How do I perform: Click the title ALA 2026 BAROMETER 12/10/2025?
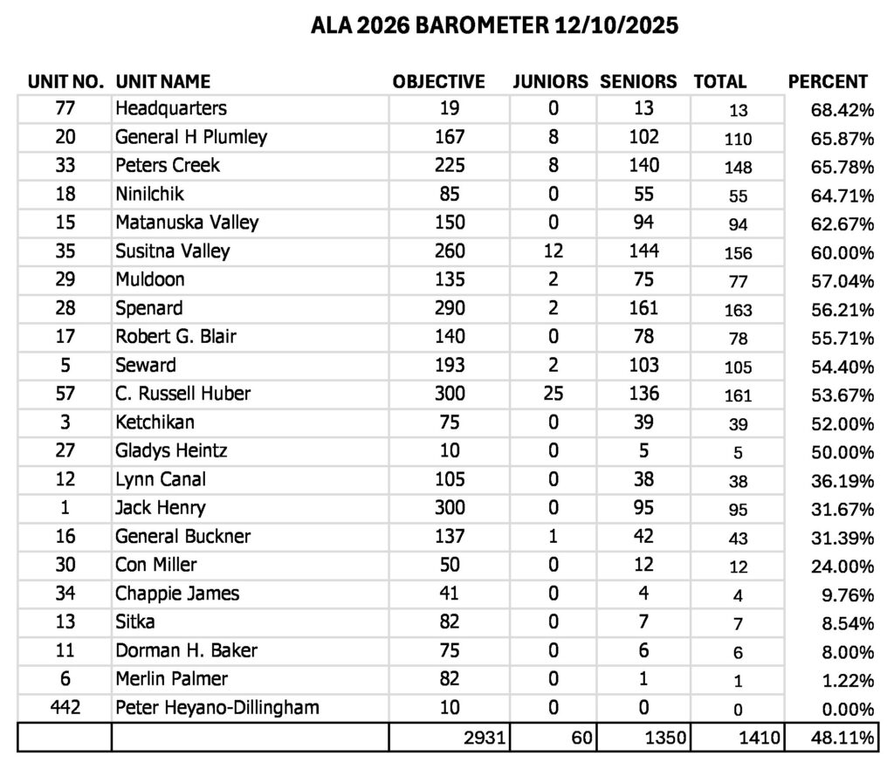(x=494, y=26)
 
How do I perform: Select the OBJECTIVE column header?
(x=438, y=82)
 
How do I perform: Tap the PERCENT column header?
(x=828, y=82)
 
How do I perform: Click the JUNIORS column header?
(x=550, y=82)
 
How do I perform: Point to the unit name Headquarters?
(x=171, y=109)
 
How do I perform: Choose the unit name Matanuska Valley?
(x=187, y=223)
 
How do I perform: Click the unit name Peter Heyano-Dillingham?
(x=217, y=707)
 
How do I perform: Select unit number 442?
(x=65, y=707)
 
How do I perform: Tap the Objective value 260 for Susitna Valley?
(x=450, y=251)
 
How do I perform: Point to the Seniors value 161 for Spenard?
(x=643, y=308)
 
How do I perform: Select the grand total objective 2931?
(x=485, y=738)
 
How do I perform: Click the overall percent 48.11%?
(x=842, y=738)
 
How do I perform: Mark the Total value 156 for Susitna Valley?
(x=738, y=252)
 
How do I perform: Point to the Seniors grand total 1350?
(x=664, y=738)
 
